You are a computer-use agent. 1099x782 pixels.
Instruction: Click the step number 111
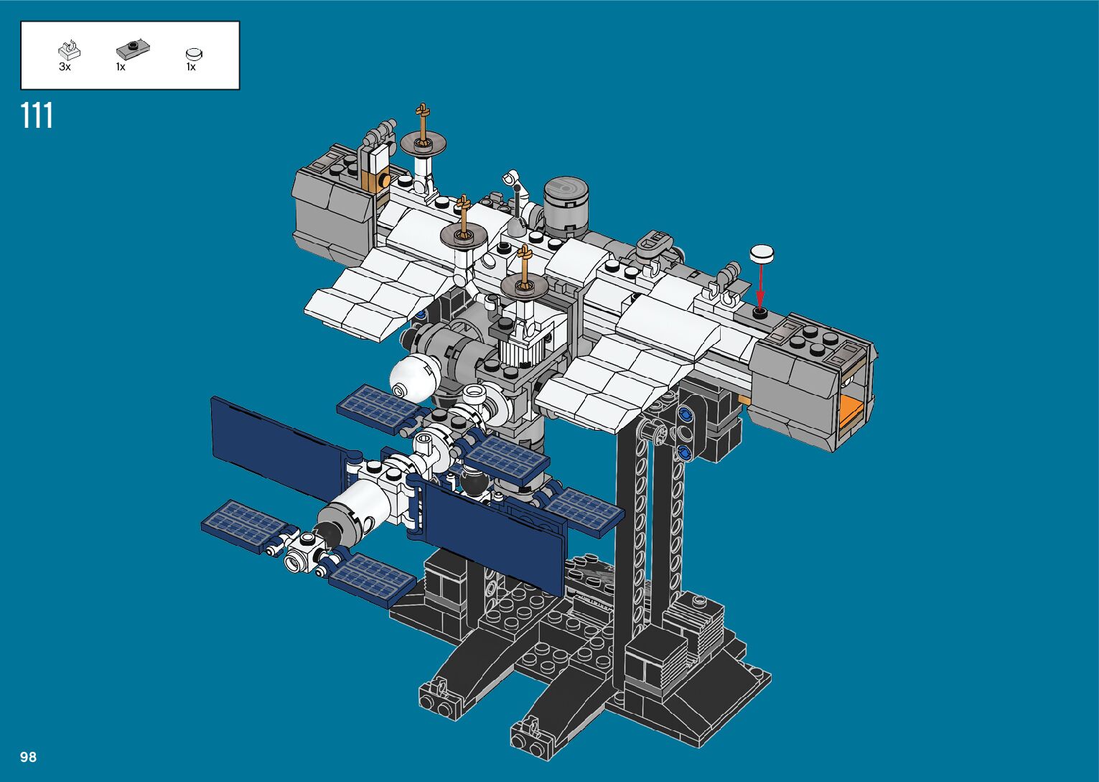pos(37,116)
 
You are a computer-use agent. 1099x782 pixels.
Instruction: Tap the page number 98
pos(28,757)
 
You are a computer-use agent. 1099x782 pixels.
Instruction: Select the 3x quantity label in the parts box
pos(65,67)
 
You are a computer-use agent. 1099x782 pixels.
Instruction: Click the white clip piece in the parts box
pos(69,50)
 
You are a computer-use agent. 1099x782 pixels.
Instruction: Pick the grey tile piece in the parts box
pos(133,48)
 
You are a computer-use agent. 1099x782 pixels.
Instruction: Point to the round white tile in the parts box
pos(194,54)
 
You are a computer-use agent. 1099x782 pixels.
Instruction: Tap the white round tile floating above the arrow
pos(762,253)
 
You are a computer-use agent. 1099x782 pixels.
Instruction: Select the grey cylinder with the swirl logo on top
pos(566,206)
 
